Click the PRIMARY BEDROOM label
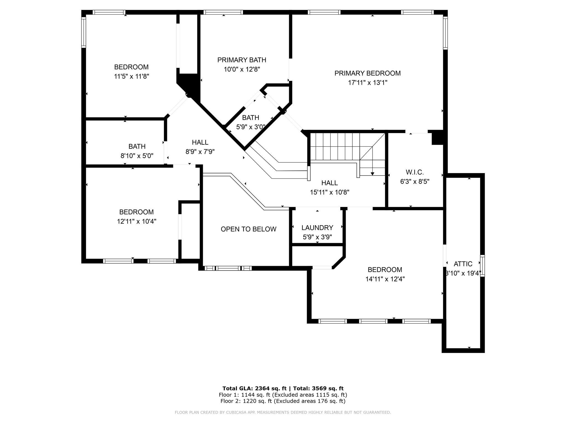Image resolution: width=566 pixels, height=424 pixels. [367, 73]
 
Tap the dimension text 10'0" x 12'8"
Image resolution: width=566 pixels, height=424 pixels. [242, 69]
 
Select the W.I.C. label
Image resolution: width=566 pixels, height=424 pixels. [415, 172]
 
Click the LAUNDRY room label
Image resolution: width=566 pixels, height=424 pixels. [317, 228]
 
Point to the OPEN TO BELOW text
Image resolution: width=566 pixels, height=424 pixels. [248, 229]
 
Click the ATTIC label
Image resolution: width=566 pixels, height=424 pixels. [463, 264]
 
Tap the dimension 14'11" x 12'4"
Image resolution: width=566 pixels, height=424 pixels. [385, 279]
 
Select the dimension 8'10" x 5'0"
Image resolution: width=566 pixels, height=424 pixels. [137, 156]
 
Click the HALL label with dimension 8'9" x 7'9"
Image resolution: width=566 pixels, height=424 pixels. [200, 142]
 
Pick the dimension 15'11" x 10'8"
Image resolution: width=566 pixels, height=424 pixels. [329, 192]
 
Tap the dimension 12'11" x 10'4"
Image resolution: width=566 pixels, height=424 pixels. [137, 221]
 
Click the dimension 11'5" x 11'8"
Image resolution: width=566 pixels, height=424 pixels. [132, 76]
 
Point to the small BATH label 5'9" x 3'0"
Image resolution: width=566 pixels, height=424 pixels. [250, 118]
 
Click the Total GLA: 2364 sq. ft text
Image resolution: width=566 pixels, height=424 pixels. [254, 388]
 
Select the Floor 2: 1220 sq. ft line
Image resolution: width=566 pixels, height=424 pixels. [283, 401]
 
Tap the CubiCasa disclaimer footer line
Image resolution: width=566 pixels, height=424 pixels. [283, 412]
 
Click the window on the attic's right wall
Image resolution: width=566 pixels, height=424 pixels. [482, 266]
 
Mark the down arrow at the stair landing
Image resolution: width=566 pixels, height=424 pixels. [372, 173]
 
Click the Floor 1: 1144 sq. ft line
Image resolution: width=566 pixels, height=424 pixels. [283, 395]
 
